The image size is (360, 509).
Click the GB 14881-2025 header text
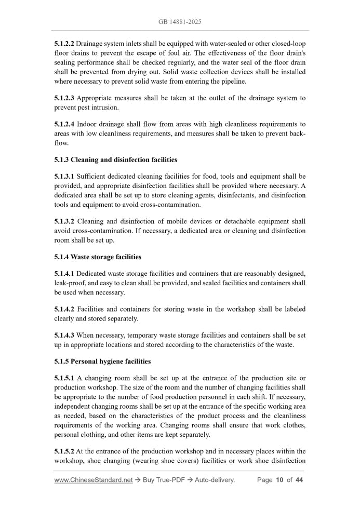180,22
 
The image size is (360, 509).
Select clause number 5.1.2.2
64,43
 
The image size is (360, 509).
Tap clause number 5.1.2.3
64,98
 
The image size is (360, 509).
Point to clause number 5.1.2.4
64,125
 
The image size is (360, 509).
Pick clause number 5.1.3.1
64,177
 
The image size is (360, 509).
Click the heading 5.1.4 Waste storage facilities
98,257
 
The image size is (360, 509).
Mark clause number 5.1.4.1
64,274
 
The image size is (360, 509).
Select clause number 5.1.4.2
64,309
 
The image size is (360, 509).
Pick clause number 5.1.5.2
64,451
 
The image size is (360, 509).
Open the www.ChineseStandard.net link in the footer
94,480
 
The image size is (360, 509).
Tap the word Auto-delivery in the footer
215,480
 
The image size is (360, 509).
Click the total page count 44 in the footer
299,480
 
